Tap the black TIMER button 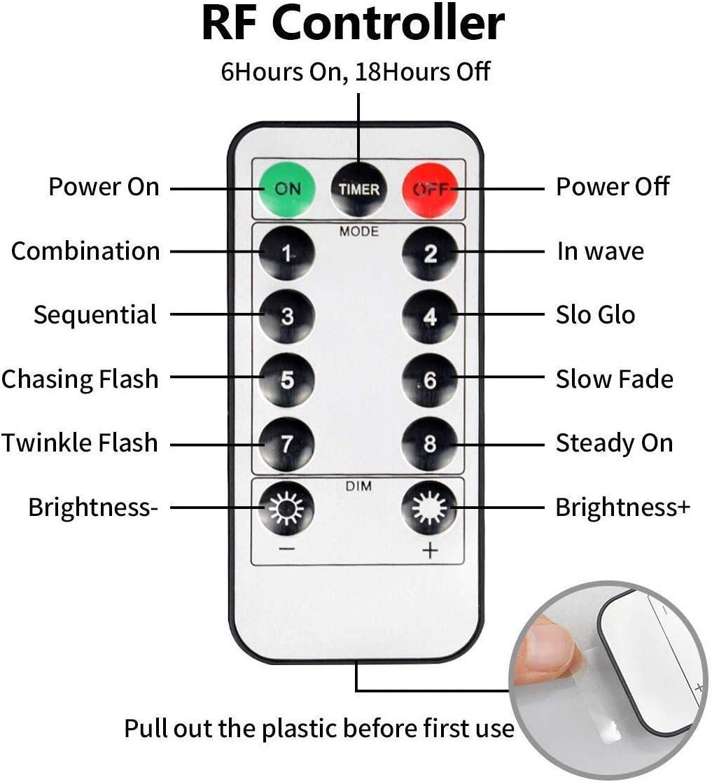point(358,189)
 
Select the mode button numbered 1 point(287,253)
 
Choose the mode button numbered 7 point(287,443)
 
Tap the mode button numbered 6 point(429,380)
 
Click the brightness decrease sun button point(286,508)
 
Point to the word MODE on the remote point(359,232)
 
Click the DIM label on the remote point(358,486)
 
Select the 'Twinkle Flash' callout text point(80,442)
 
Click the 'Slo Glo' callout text point(595,315)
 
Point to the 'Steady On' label point(614,442)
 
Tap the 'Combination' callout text point(85,251)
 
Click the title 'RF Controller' point(354,23)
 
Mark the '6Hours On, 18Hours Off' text point(356,71)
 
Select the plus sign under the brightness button point(430,550)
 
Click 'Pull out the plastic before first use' point(319,728)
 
